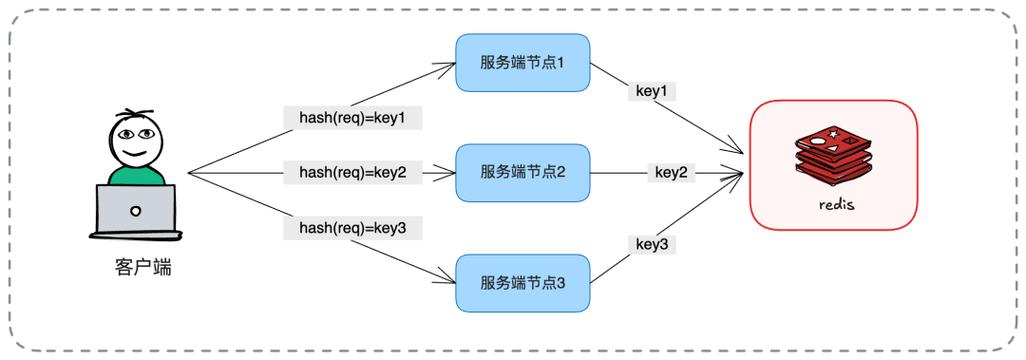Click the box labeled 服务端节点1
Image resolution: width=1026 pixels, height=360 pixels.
[522, 62]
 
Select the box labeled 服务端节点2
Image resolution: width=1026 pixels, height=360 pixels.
[522, 172]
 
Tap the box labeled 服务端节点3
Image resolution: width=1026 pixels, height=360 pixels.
[522, 282]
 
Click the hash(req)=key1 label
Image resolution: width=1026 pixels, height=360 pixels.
[353, 118]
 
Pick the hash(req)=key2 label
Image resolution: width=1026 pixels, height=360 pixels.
[353, 172]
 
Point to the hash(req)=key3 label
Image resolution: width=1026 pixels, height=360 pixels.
[353, 228]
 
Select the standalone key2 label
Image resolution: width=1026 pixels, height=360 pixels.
[670, 172]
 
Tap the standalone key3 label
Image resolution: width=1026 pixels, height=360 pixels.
[651, 243]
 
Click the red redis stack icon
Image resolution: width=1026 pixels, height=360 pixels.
[833, 158]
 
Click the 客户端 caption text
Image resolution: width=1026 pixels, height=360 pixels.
[136, 268]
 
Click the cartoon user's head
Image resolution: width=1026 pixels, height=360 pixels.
[135, 140]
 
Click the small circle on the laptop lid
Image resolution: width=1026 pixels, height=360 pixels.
[135, 210]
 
